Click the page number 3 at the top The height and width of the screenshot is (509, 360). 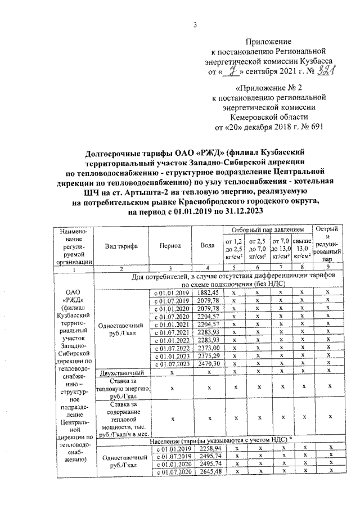(195, 24)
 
